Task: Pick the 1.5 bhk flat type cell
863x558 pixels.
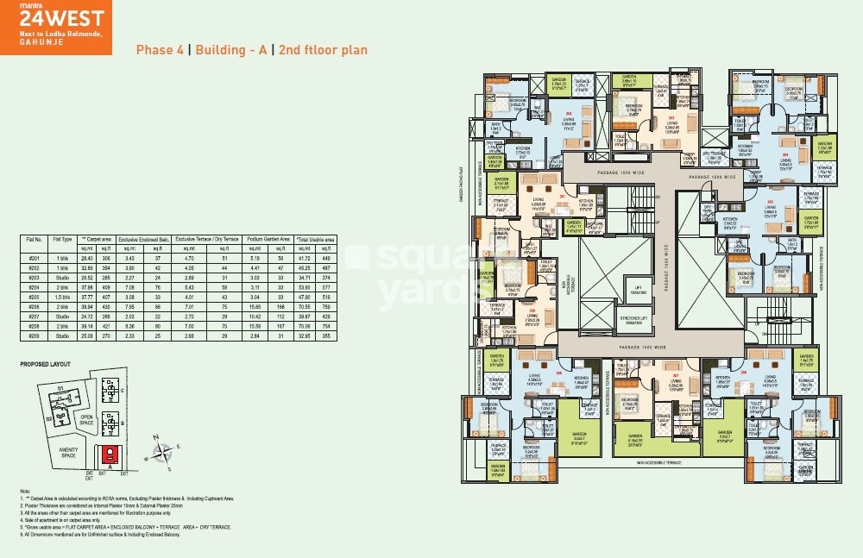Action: (61, 296)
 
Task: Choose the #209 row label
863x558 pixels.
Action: (35, 335)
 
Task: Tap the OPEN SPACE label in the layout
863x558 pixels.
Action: (85, 423)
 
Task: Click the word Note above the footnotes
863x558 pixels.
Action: (25, 491)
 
